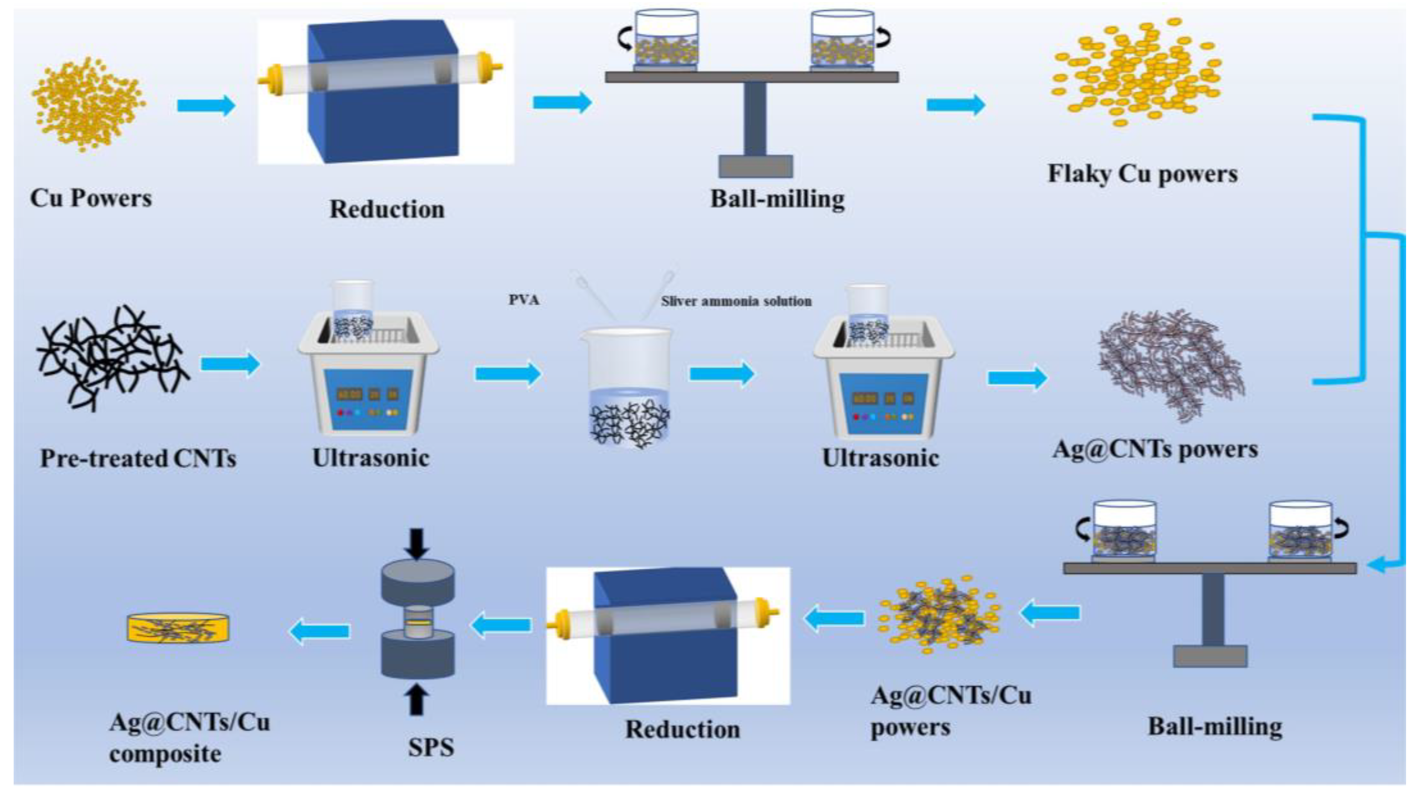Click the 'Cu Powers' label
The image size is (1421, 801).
[90, 198]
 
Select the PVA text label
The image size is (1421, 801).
[523, 300]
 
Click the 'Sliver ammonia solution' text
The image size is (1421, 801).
[736, 301]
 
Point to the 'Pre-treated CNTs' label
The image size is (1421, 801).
[138, 459]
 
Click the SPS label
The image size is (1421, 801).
[431, 748]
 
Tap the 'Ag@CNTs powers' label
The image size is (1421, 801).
[1155, 450]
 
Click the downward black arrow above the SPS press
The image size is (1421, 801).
[417, 544]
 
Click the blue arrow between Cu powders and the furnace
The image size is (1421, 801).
[206, 105]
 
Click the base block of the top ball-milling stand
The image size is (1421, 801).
[755, 166]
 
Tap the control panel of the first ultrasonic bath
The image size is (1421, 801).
[368, 400]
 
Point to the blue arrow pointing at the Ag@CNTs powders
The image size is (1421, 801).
[1017, 378]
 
